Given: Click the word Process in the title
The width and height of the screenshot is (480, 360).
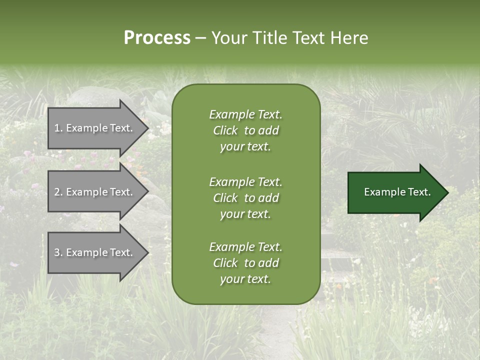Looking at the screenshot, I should pyautogui.click(x=157, y=38).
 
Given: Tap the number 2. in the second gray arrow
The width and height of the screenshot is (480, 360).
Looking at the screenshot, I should pyautogui.click(x=58, y=192).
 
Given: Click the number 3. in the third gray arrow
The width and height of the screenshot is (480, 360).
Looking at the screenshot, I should pyautogui.click(x=58, y=252).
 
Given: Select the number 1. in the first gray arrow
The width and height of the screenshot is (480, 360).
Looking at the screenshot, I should pyautogui.click(x=58, y=128).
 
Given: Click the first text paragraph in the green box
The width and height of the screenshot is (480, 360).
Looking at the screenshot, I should pyautogui.click(x=245, y=130).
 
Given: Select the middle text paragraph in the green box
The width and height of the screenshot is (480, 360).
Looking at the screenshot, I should pyautogui.click(x=245, y=198).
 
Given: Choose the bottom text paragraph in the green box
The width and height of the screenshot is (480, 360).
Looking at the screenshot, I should pyautogui.click(x=245, y=263).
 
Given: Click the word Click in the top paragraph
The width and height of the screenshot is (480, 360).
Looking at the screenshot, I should pyautogui.click(x=225, y=130).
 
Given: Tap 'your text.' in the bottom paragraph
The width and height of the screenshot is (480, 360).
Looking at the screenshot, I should pyautogui.click(x=245, y=279).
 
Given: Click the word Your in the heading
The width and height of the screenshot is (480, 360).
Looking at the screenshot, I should pyautogui.click(x=229, y=38).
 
